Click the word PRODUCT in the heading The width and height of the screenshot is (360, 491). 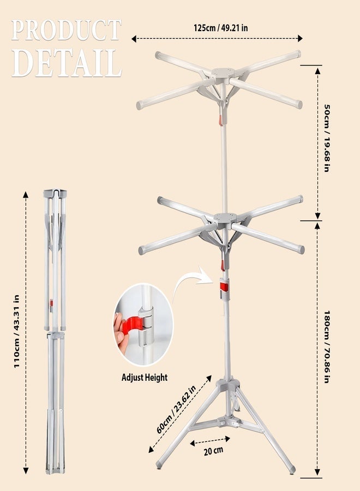click(x=66, y=31)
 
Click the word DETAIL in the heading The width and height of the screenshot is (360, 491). click(x=67, y=64)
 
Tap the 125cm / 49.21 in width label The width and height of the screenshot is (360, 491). click(x=221, y=28)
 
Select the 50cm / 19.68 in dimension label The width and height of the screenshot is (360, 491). click(x=327, y=138)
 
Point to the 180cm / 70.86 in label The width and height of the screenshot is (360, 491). click(x=327, y=347)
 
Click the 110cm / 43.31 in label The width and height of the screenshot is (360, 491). click(x=16, y=331)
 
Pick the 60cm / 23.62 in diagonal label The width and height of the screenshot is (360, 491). click(x=176, y=409)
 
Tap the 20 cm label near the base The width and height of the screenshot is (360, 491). click(x=213, y=451)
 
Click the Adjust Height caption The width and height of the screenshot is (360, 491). click(x=145, y=378)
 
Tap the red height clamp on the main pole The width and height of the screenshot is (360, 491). click(x=224, y=286)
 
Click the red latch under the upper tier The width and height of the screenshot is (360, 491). click(x=220, y=121)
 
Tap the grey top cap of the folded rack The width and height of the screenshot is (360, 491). click(x=55, y=193)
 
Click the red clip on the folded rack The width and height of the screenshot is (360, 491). click(x=51, y=303)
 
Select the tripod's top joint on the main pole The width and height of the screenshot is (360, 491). click(x=229, y=384)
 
